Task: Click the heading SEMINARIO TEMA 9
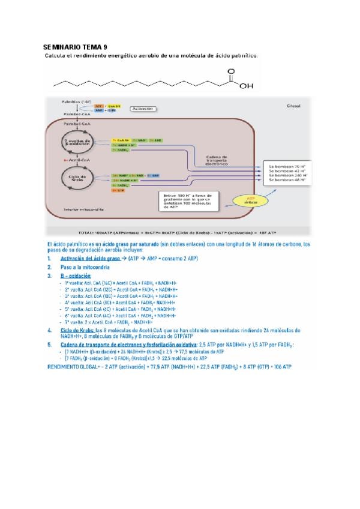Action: click(76, 47)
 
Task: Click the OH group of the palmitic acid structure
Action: click(246, 86)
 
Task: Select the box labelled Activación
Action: click(142, 109)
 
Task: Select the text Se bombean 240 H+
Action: click(287, 174)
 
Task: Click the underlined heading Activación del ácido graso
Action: click(90, 258)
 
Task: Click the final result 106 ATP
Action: click(280, 366)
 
